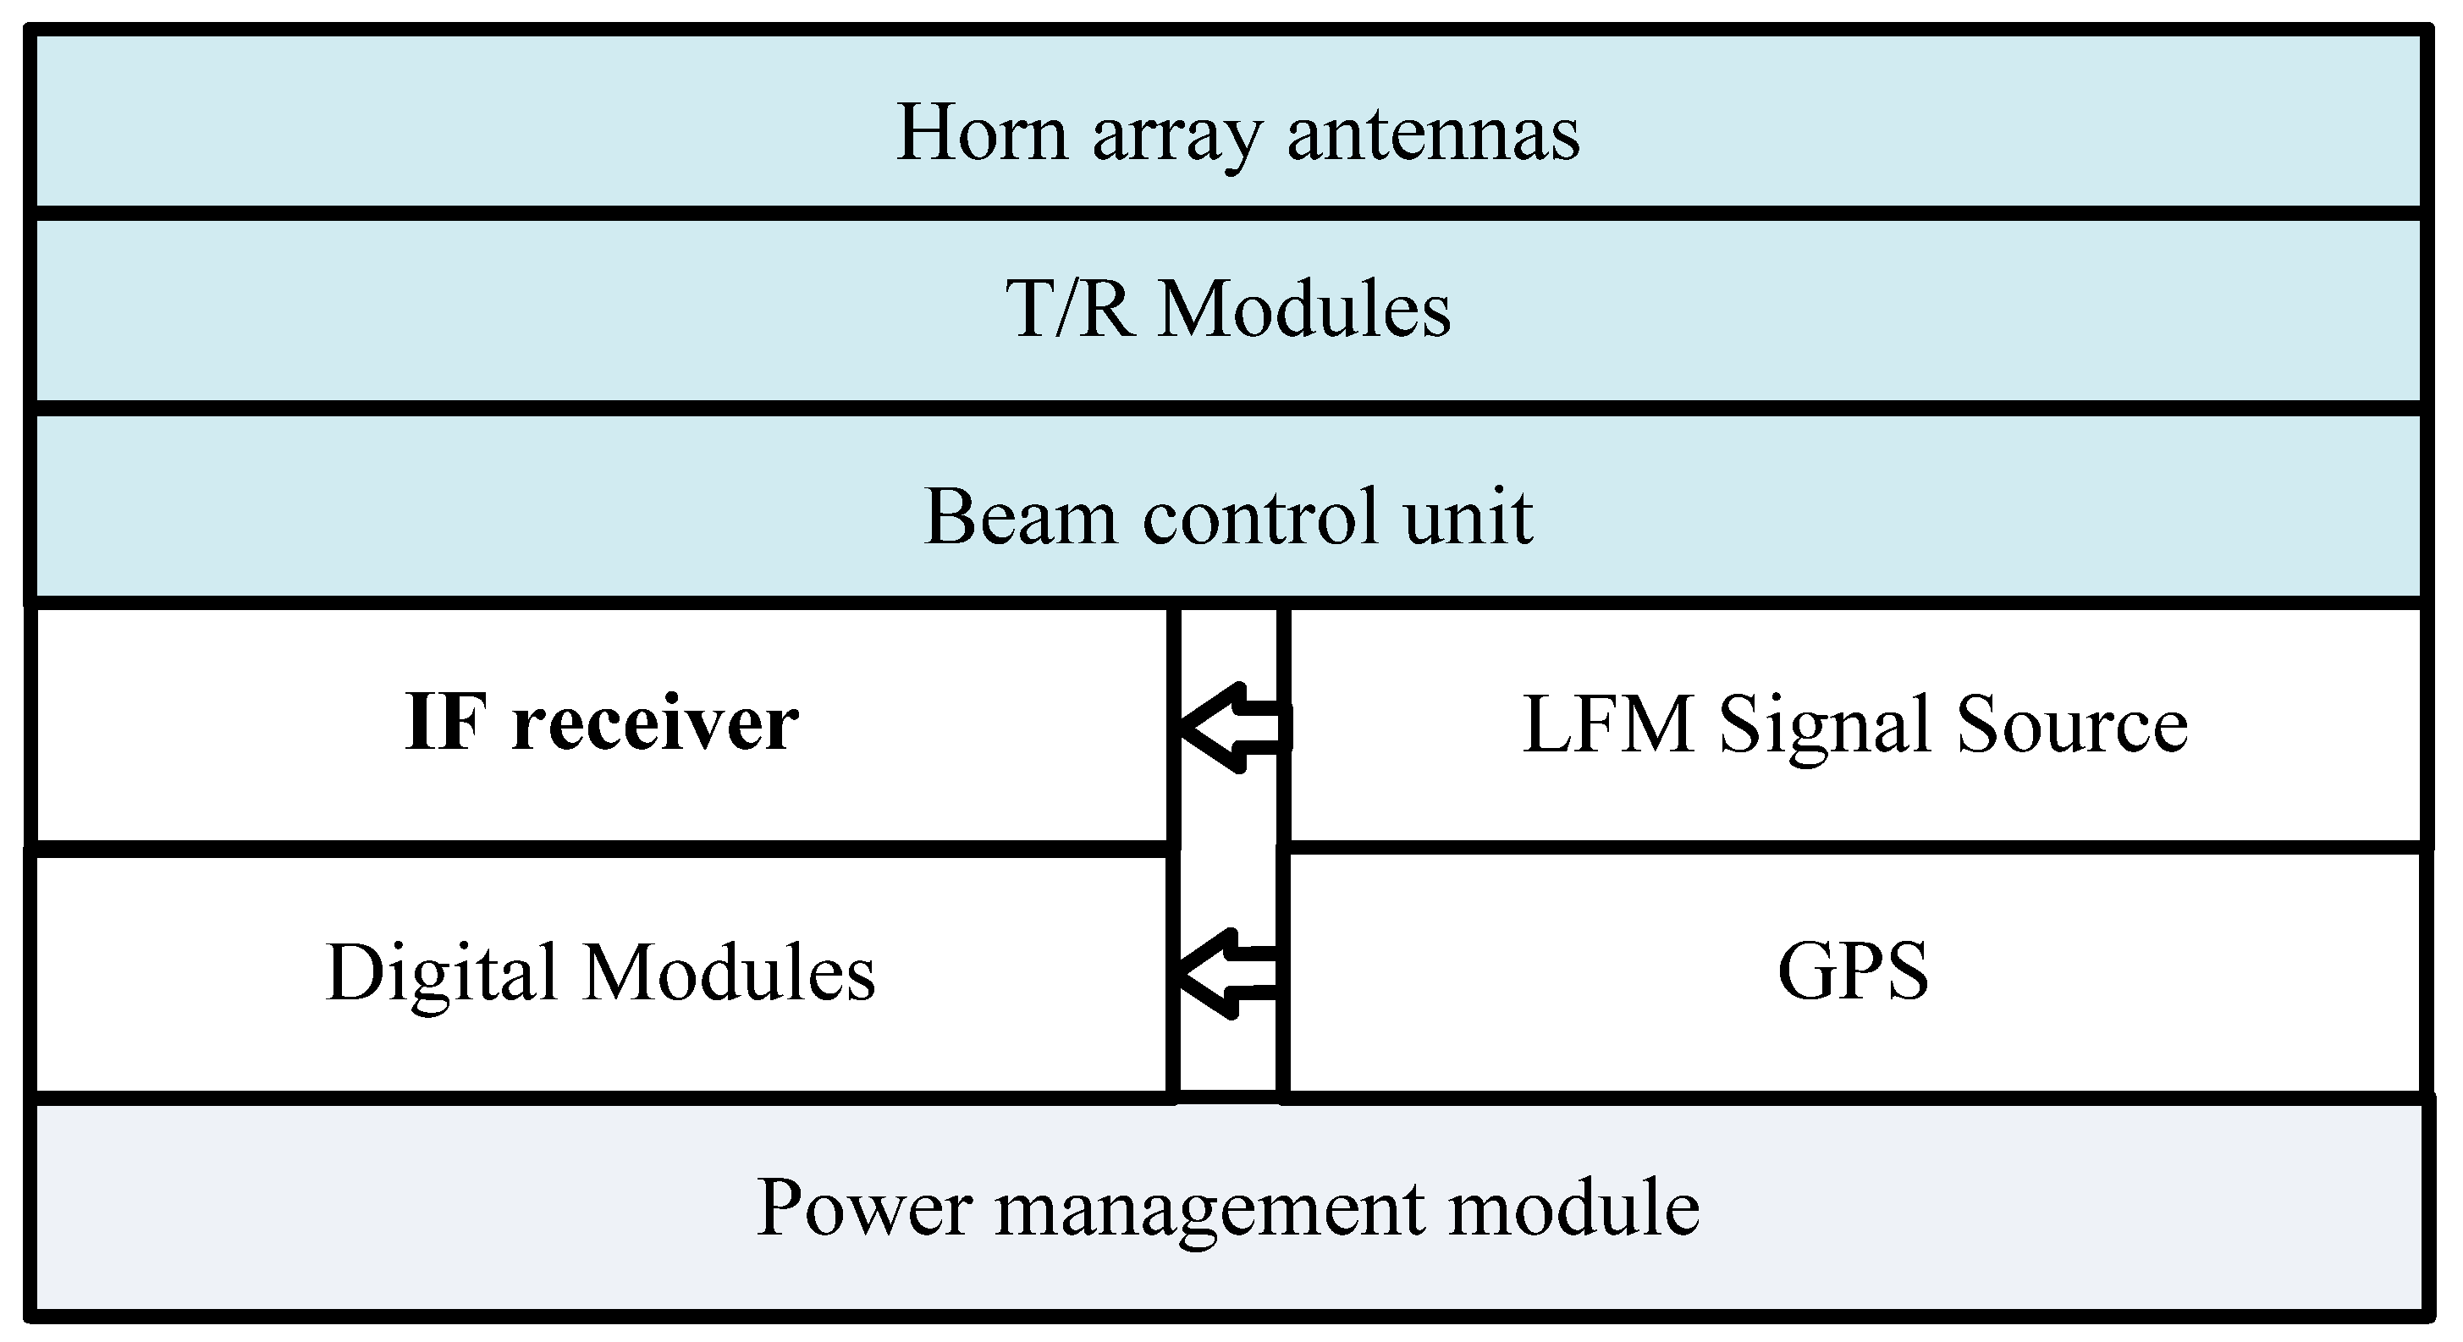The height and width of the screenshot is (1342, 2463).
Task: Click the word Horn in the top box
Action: point(981,134)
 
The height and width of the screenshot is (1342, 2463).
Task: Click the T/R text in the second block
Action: point(1070,310)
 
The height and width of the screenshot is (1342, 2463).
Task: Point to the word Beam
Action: point(1020,517)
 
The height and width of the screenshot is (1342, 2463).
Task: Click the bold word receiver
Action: point(655,724)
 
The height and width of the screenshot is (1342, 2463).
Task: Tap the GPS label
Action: point(1853,972)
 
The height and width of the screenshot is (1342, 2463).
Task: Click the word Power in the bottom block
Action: point(864,1208)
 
